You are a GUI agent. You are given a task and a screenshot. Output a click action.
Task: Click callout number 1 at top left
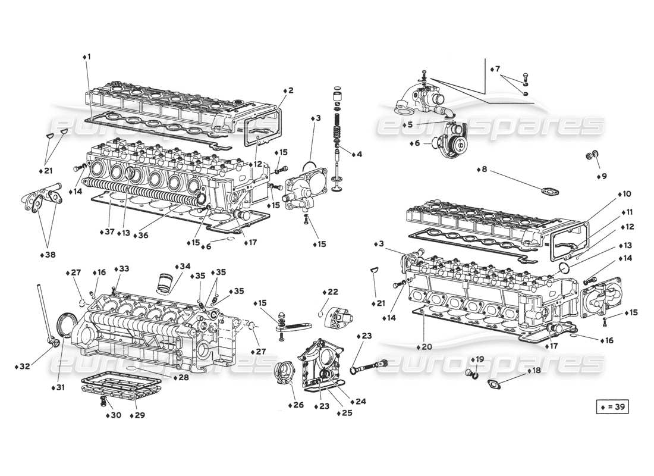pyautogui.click(x=87, y=57)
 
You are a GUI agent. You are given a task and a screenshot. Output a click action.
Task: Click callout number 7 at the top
pyautogui.click(x=497, y=70)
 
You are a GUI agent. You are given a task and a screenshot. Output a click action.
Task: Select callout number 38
pyautogui.click(x=50, y=255)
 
